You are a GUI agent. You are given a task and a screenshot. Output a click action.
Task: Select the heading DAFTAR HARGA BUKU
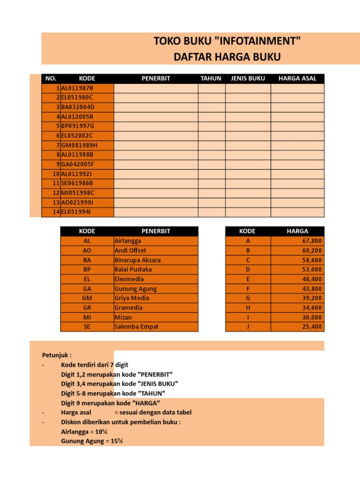tap(227, 58)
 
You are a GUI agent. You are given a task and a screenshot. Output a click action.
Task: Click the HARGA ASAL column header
tap(297, 78)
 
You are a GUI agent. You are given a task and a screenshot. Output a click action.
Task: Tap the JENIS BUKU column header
tap(248, 78)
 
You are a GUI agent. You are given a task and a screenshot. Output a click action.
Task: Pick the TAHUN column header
tap(211, 78)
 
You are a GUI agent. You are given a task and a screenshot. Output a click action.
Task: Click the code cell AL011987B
tap(77, 88)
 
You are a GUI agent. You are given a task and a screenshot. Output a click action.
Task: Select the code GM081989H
tap(79, 145)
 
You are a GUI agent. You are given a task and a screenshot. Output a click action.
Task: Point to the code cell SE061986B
tap(77, 183)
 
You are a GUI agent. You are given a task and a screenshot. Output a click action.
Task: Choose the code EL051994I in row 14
tap(77, 212)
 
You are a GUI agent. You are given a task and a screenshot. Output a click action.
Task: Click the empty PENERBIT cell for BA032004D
tap(156, 107)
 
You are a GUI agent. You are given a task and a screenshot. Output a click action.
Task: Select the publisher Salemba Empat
tap(136, 327)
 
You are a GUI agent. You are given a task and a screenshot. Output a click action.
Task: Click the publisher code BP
tap(87, 270)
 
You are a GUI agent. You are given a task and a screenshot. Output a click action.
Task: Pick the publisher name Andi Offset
tap(130, 250)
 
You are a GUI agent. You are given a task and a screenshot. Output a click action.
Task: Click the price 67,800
tap(313, 241)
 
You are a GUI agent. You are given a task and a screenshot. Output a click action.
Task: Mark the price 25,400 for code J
tap(313, 327)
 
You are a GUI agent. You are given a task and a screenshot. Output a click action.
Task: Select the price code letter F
tap(248, 289)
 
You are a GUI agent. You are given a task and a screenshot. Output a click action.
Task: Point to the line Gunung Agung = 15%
tap(92, 441)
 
